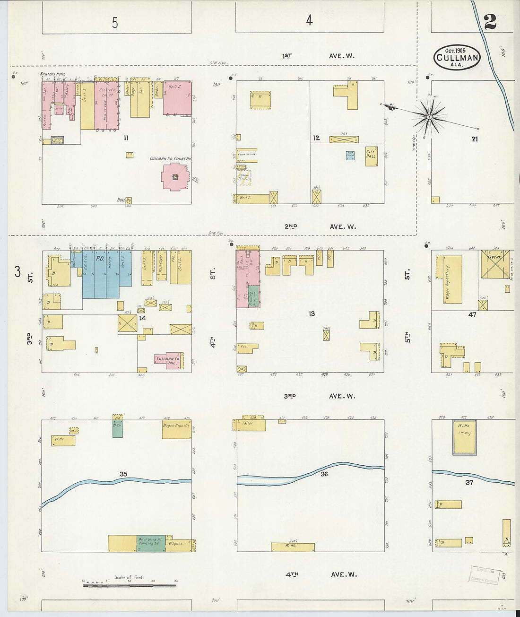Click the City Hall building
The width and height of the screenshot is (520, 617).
tap(371, 156)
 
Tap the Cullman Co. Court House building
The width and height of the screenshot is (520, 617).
tap(175, 177)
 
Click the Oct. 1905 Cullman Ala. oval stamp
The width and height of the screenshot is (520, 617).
tap(457, 57)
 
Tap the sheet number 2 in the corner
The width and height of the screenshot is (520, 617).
tap(490, 21)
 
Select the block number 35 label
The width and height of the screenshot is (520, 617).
tap(123, 474)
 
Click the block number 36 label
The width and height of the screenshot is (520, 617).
tap(324, 473)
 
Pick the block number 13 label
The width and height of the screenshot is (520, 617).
tap(311, 313)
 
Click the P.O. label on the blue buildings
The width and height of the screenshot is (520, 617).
tap(100, 259)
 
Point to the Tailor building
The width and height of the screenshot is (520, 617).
tap(249, 425)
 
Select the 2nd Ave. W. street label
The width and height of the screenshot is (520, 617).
tap(320, 226)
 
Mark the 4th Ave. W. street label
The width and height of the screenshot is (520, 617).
tap(321, 574)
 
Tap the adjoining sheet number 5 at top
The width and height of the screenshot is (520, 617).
tap(115, 22)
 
